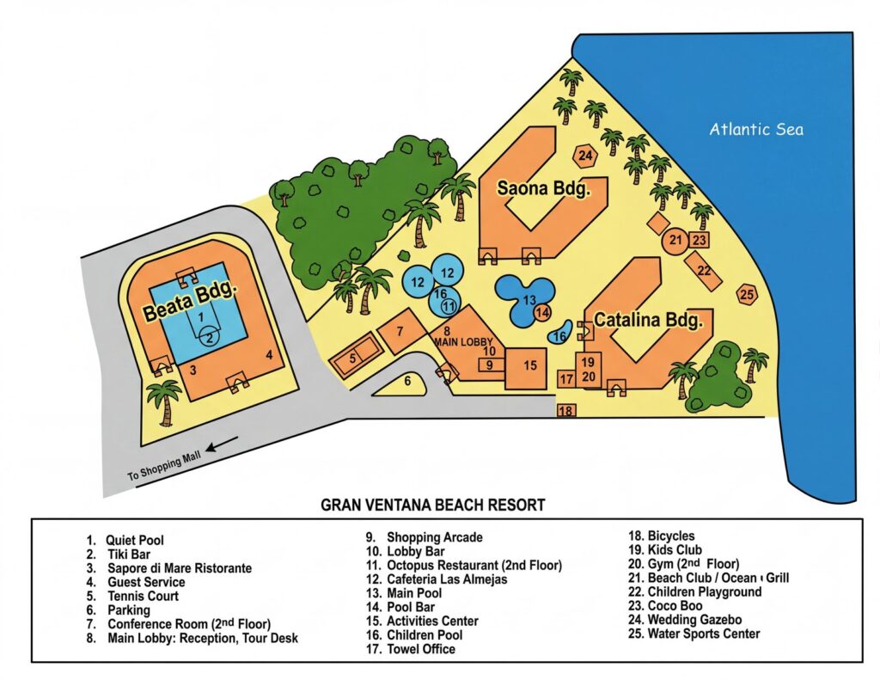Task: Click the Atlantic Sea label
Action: click(x=756, y=129)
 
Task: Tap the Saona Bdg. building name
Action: click(x=544, y=188)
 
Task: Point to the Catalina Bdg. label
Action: click(x=648, y=320)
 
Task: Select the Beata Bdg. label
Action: click(x=190, y=302)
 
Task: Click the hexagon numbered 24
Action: click(x=585, y=155)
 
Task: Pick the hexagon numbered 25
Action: click(x=747, y=294)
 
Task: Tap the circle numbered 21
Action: click(x=675, y=241)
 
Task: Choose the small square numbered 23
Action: click(x=699, y=241)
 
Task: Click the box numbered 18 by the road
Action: click(x=565, y=410)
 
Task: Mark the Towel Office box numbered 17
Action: click(x=565, y=379)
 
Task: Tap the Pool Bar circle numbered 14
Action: click(x=542, y=313)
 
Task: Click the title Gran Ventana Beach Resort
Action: click(x=433, y=505)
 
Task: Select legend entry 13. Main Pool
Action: click(x=404, y=593)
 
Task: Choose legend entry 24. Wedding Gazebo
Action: click(x=685, y=619)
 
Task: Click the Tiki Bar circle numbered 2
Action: click(x=210, y=337)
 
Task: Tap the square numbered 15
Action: click(x=526, y=368)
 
